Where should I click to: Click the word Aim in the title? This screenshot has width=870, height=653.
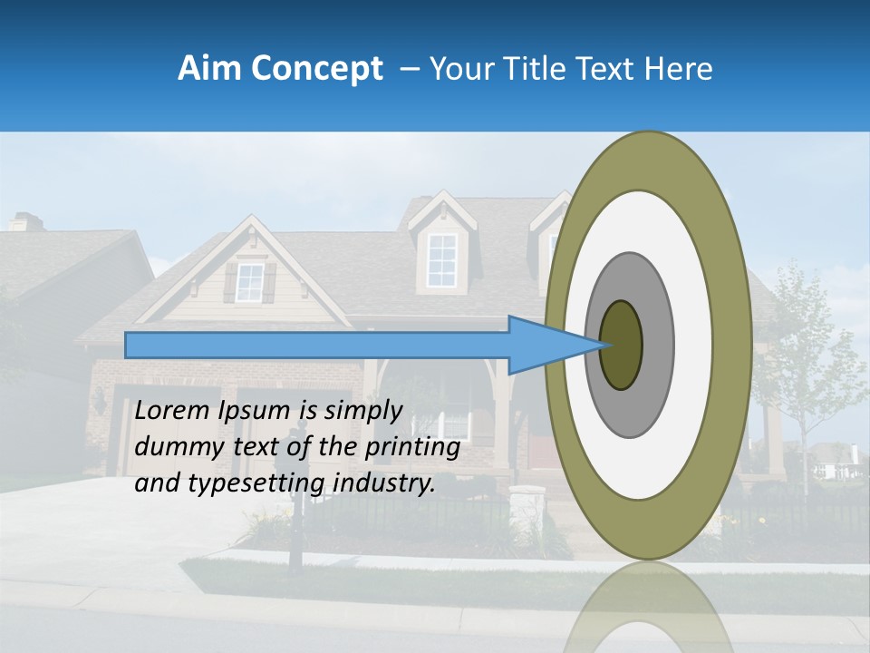click(x=208, y=69)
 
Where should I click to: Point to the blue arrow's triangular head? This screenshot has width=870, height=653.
click(x=553, y=345)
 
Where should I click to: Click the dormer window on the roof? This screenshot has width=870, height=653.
click(x=441, y=259)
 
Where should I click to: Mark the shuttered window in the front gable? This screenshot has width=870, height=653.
click(x=249, y=283)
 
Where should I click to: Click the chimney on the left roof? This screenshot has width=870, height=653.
click(x=26, y=222)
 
